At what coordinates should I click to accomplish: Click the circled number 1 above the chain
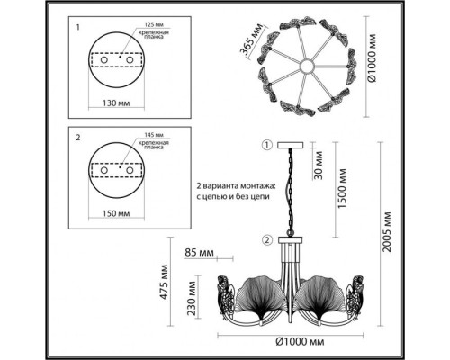[x=265, y=146]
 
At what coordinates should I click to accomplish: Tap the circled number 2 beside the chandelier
[x=265, y=239]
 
